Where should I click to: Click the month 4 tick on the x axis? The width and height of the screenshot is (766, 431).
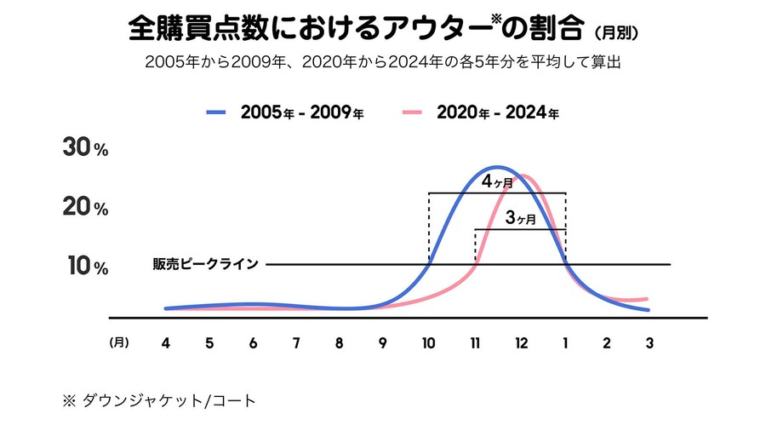pos(165,343)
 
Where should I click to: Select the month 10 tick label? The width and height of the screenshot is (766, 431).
pos(428,343)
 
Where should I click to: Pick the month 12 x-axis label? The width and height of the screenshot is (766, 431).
pos(520,343)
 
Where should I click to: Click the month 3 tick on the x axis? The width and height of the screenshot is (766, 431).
pos(649,343)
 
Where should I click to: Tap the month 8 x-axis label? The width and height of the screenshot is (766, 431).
pos(339,343)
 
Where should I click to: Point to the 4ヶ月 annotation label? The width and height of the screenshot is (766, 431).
pos(497,182)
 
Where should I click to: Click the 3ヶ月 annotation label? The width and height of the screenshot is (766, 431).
pos(520,219)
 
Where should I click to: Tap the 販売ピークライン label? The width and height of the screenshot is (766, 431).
pos(205,264)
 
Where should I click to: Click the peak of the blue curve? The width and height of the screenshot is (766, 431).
pos(497,167)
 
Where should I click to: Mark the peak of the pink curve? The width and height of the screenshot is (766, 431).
pos(524,175)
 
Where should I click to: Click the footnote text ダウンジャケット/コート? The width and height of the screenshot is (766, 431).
pos(168,399)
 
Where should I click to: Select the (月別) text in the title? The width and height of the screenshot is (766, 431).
pos(615,33)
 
